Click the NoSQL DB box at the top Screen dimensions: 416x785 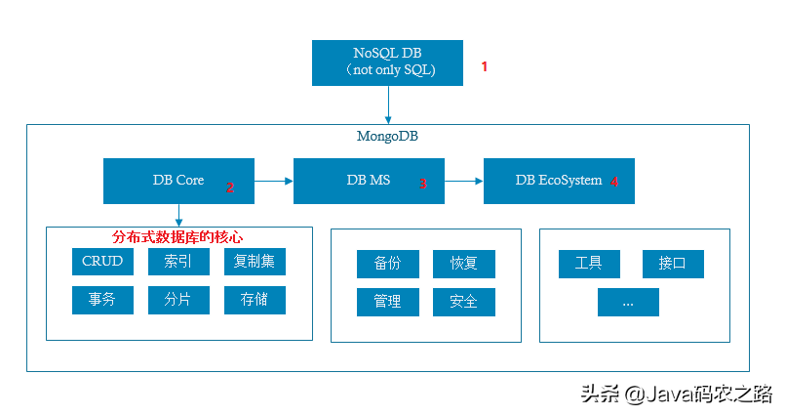point(389,62)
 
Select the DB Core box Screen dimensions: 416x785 point(178,181)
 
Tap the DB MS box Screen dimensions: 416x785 point(369,181)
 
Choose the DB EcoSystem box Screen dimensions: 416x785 point(559,181)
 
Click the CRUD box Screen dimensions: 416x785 point(102,262)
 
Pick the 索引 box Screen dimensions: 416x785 point(178,262)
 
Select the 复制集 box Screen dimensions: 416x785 point(255,262)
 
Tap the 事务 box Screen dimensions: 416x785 point(102,300)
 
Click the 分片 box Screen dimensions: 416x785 point(178,300)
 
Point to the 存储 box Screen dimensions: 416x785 point(255,300)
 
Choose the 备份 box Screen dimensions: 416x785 point(387,264)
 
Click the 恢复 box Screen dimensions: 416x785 point(464,264)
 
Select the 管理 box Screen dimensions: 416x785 point(387,302)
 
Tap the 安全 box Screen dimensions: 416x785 point(464,302)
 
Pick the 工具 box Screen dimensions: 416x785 point(589,264)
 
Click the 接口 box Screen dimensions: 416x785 point(673,264)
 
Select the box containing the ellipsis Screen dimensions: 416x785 point(628,303)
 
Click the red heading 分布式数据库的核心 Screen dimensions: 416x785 point(177,237)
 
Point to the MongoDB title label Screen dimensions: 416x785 point(387,136)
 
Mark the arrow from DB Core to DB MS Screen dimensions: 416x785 point(274,181)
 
